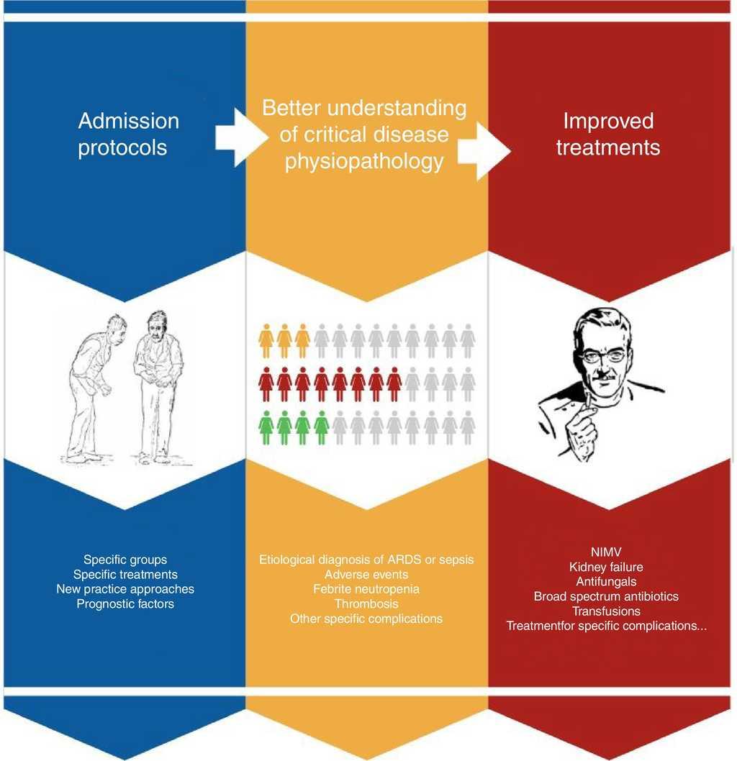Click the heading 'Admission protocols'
[128, 134]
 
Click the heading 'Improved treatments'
[609, 134]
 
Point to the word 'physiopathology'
[364, 162]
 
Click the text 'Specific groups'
[125, 559]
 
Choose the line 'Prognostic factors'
[125, 604]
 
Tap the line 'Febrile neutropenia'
[366, 589]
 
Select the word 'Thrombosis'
[366, 603]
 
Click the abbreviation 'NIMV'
[606, 552]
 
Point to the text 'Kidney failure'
[606, 568]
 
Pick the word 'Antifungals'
[606, 582]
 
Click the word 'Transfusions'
[606, 611]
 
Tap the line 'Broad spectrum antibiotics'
[606, 596]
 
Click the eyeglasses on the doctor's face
[603, 355]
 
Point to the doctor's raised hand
[580, 424]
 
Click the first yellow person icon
[266, 341]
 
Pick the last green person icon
[321, 427]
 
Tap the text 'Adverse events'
[366, 574]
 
